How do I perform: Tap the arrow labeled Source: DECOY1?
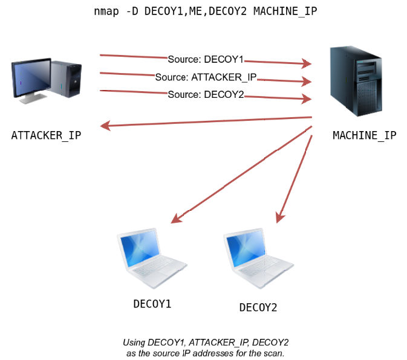pos(278,62)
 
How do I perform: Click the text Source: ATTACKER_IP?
pos(206,77)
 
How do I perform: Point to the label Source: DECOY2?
pos(206,94)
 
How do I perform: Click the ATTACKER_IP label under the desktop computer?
pos(46,135)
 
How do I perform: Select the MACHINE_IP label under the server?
pos(365,135)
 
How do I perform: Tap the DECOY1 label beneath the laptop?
pos(152,303)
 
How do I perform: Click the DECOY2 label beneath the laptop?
pos(258,307)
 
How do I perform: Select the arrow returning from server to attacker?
pos(206,122)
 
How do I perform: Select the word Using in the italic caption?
pos(134,342)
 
